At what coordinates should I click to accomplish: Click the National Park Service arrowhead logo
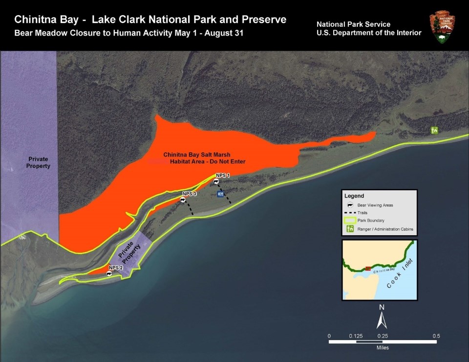pyautogui.click(x=442, y=28)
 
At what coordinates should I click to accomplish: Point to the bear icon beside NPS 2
pyautogui.click(x=110, y=274)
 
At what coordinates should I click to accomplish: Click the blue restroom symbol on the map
pyautogui.click(x=221, y=194)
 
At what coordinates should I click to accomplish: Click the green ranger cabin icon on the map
pyautogui.click(x=434, y=130)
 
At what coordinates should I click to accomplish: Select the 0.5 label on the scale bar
pyautogui.click(x=436, y=336)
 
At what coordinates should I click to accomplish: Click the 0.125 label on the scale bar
pyautogui.click(x=356, y=336)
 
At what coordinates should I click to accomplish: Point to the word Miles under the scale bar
pyautogui.click(x=383, y=348)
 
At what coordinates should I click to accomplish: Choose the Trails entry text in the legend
pyautogui.click(x=362, y=213)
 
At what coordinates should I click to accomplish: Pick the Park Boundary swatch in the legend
pyautogui.click(x=350, y=221)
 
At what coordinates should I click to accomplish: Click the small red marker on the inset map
pyautogui.click(x=367, y=268)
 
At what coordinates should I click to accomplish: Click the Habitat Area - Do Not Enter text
pyautogui.click(x=207, y=161)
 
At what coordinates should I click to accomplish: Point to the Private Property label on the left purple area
pyautogui.click(x=39, y=162)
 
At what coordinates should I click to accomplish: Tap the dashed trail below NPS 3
pyautogui.click(x=189, y=209)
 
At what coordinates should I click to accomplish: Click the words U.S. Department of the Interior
pyautogui.click(x=369, y=33)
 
